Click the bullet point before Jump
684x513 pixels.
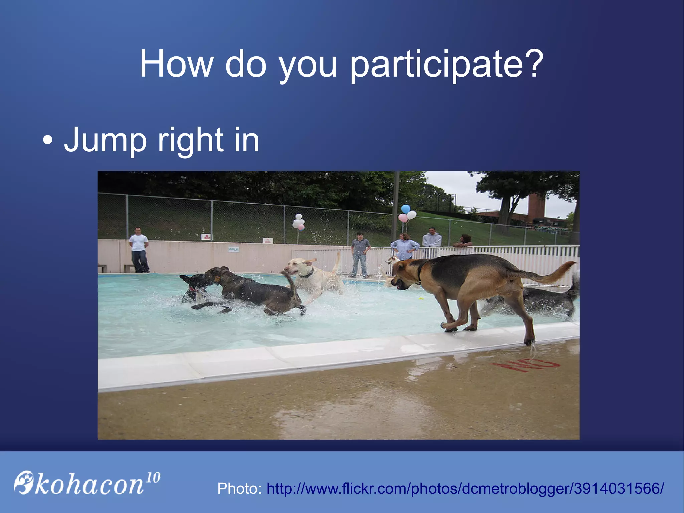coord(47,141)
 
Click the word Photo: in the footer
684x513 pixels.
coord(239,489)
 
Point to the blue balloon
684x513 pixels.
coord(405,209)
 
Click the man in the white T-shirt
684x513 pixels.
coord(139,249)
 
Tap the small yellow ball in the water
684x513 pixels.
coord(421,298)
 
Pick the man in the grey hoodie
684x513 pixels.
coord(432,238)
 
